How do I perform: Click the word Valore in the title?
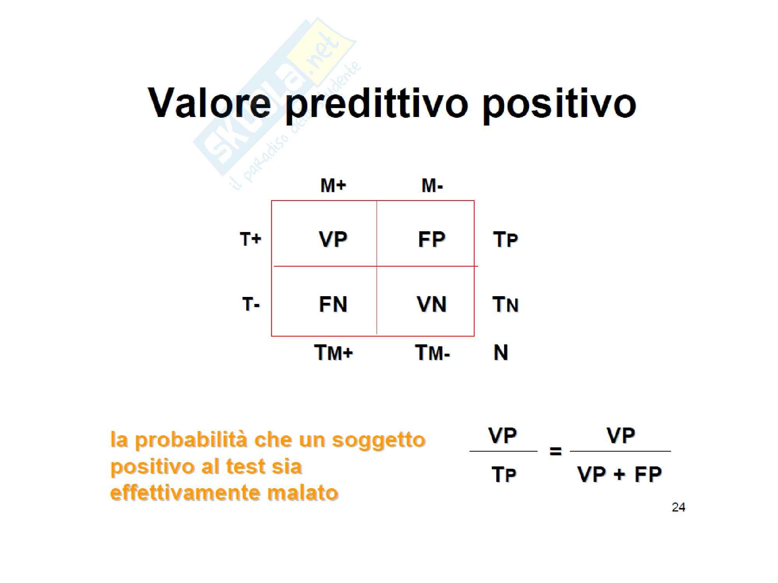pyautogui.click(x=209, y=102)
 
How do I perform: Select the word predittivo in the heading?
pyautogui.click(x=377, y=104)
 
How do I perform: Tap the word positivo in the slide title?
pyautogui.click(x=559, y=104)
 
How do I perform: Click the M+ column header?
pyautogui.click(x=333, y=185)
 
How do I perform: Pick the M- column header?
pyautogui.click(x=432, y=185)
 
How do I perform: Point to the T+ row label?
pyautogui.click(x=251, y=239)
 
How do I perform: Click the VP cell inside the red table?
pyautogui.click(x=333, y=239)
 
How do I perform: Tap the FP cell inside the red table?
pyautogui.click(x=432, y=239)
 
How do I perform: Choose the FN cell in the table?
pyautogui.click(x=333, y=304)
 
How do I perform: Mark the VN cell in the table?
pyautogui.click(x=432, y=304)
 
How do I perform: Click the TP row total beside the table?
pyautogui.click(x=506, y=239)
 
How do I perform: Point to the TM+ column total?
pyautogui.click(x=334, y=353)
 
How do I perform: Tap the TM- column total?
pyautogui.click(x=433, y=353)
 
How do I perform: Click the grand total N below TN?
pyautogui.click(x=501, y=353)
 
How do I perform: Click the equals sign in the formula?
pyautogui.click(x=555, y=451)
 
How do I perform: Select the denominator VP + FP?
pyautogui.click(x=620, y=474)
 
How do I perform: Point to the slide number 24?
pyautogui.click(x=678, y=507)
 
